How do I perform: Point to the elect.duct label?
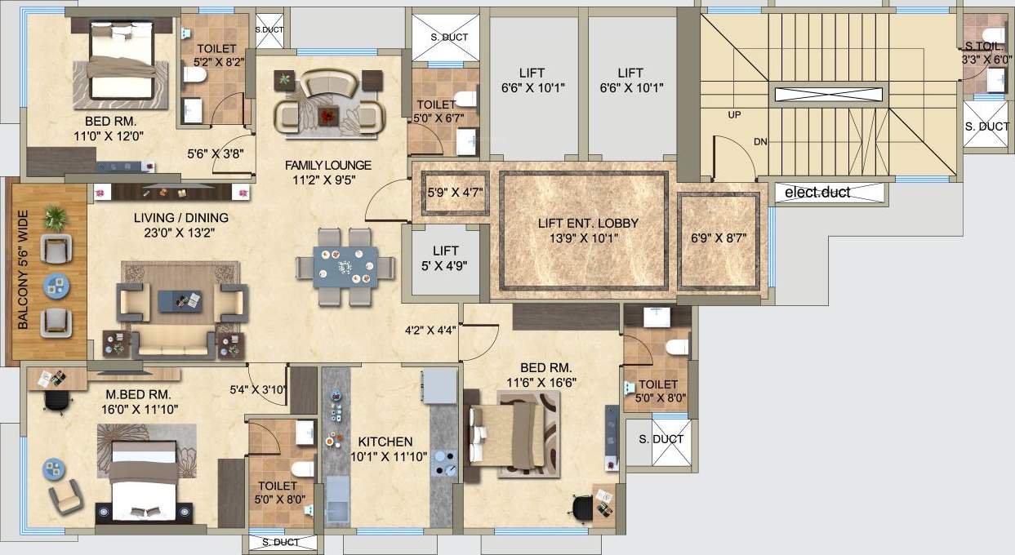click(817, 193)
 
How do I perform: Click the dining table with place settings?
click(344, 266)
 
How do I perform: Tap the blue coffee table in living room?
click(180, 300)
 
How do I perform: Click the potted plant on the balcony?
click(56, 217)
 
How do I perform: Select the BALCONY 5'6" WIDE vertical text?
click(23, 273)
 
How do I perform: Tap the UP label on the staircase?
click(733, 115)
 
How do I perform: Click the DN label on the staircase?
click(760, 141)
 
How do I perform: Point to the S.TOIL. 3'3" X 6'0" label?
click(987, 53)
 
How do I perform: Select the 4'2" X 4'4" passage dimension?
click(430, 331)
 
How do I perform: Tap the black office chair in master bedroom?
click(56, 400)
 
